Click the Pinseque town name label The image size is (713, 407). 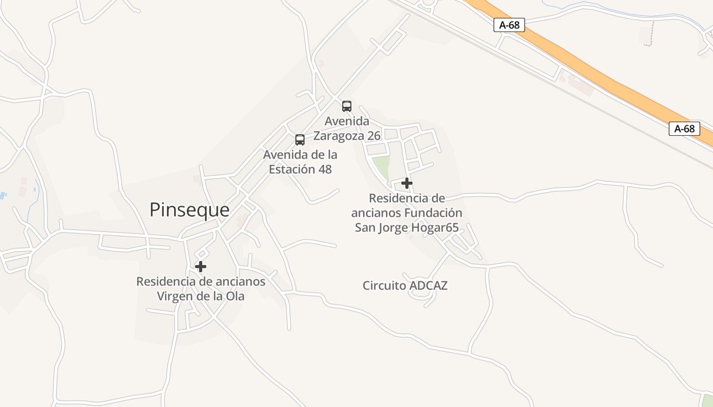pos(189,210)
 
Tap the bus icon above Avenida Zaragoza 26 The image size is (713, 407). pos(347,106)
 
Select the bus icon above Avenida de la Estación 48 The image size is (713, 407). pos(300,140)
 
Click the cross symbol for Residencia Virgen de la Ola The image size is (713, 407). pos(201,266)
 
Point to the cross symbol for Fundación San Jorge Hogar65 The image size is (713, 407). pos(406,183)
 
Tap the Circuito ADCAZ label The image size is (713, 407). pos(405,285)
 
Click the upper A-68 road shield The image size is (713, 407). pos(509,25)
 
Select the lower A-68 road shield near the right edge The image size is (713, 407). pos(684,129)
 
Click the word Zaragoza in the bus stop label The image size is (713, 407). pos(338,136)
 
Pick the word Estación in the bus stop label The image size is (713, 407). pos(292,169)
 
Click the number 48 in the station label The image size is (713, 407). pos(325,169)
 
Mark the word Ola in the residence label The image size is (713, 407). pos(235,296)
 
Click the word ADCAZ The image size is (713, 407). pos(428,285)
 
